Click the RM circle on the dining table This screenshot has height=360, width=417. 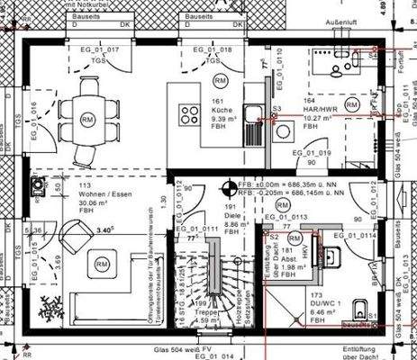87,119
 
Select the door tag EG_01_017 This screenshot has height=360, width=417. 100,48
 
